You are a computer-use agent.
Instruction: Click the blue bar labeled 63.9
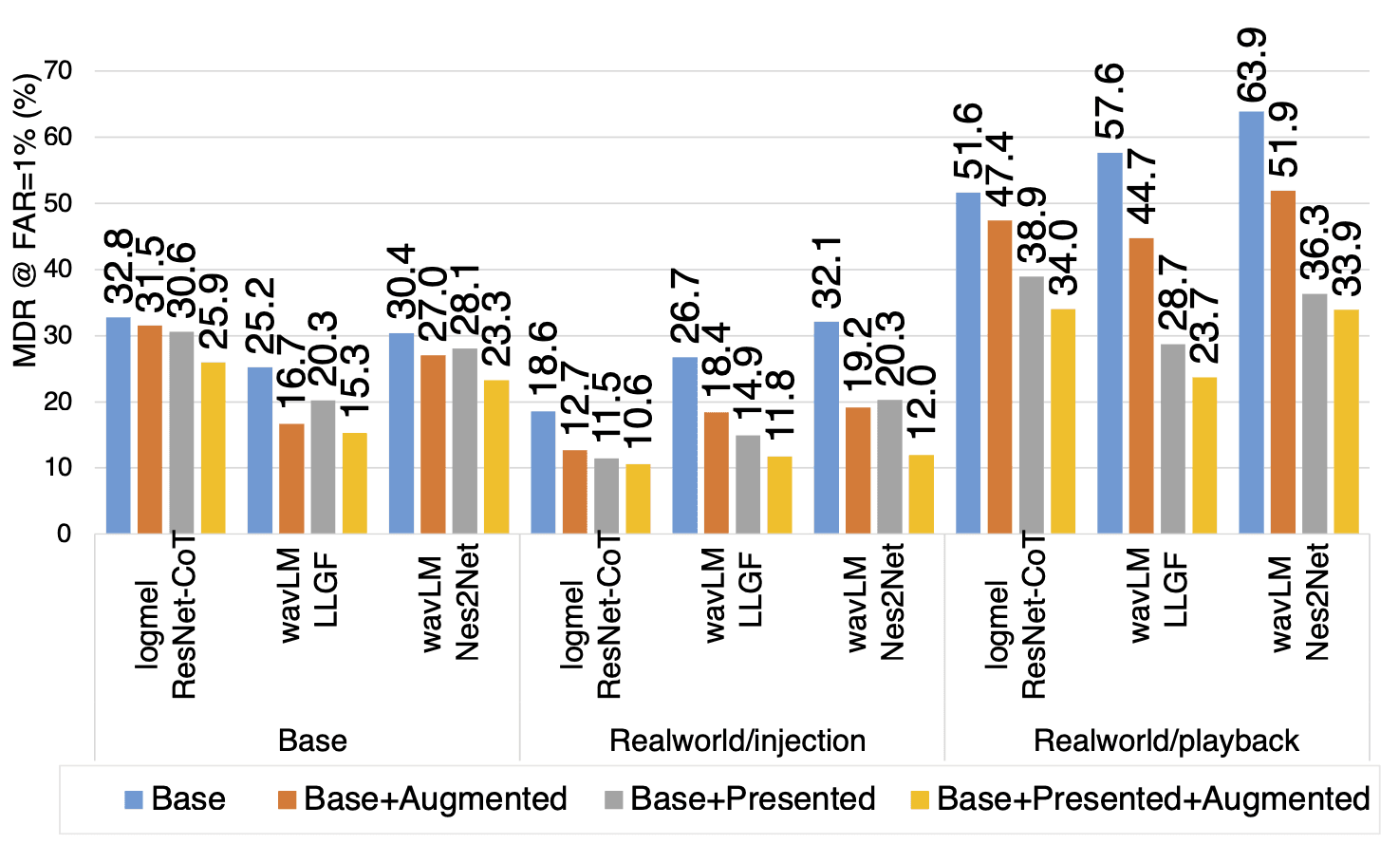pos(1251,323)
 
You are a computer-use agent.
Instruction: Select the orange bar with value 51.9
pos(1282,362)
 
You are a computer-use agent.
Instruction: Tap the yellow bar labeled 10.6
pos(638,498)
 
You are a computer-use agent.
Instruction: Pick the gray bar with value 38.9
pos(1031,404)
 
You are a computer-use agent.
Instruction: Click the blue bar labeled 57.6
pos(1110,343)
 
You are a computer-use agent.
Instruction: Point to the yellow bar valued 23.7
pos(1203,455)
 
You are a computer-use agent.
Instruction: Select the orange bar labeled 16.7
pos(291,478)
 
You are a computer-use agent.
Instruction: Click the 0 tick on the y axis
pos(65,534)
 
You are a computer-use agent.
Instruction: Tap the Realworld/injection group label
pos(737,741)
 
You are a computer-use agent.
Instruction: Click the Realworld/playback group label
pos(1166,741)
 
